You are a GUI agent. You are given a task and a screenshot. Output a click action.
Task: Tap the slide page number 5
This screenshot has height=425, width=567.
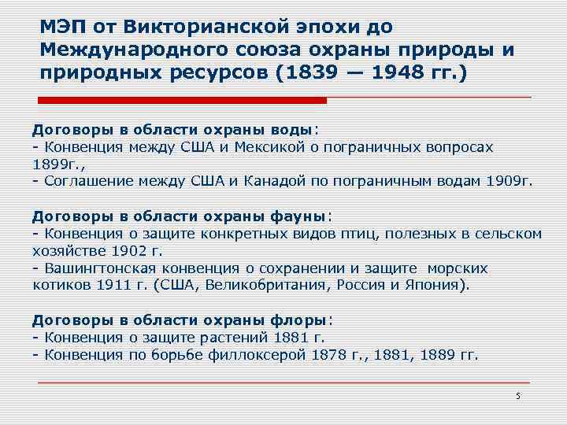(x=517, y=396)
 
